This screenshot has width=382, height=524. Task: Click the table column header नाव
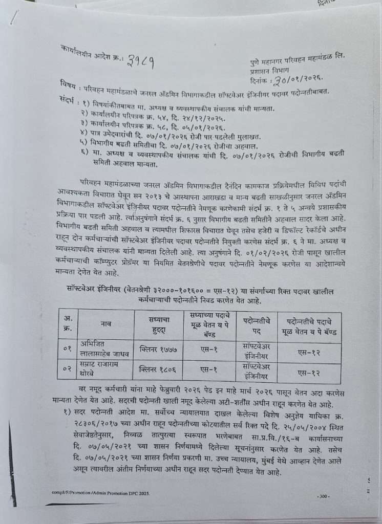point(99,324)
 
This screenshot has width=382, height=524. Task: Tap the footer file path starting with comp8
point(98,492)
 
